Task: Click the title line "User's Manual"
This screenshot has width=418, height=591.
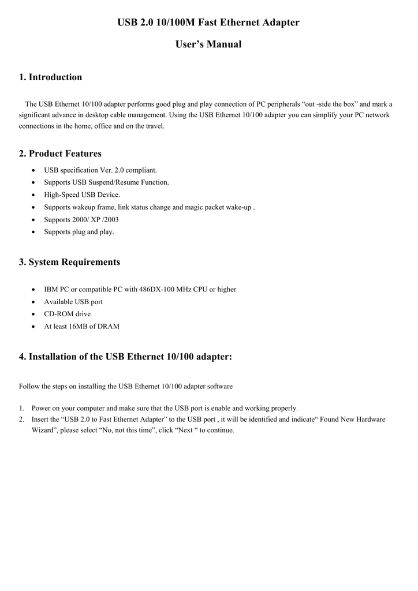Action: [208, 44]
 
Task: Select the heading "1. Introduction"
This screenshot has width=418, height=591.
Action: [51, 77]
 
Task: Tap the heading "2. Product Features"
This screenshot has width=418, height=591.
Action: [60, 154]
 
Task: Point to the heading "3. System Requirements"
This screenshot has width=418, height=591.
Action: [69, 262]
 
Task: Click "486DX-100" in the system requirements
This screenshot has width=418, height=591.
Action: [154, 289]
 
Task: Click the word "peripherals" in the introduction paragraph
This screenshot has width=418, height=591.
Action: [283, 104]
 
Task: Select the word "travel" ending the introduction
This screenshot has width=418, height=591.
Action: [154, 126]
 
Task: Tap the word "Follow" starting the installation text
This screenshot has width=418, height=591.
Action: [29, 386]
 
